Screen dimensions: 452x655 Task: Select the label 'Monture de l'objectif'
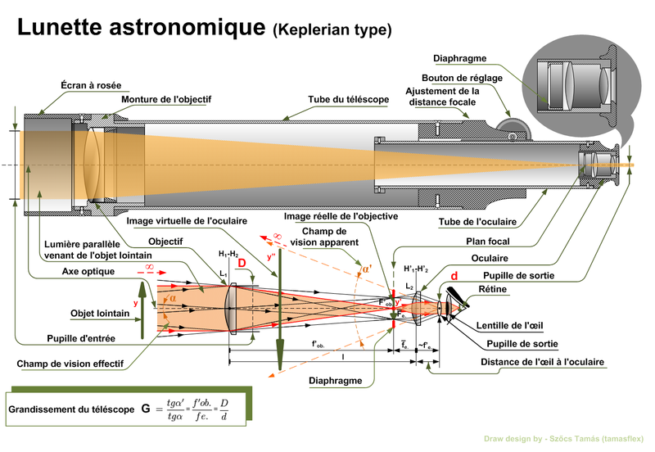coord(166,100)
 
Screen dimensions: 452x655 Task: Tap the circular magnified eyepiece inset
coord(576,85)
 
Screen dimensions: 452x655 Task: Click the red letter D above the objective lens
coord(242,262)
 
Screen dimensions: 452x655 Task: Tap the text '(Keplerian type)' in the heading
coord(332,31)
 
